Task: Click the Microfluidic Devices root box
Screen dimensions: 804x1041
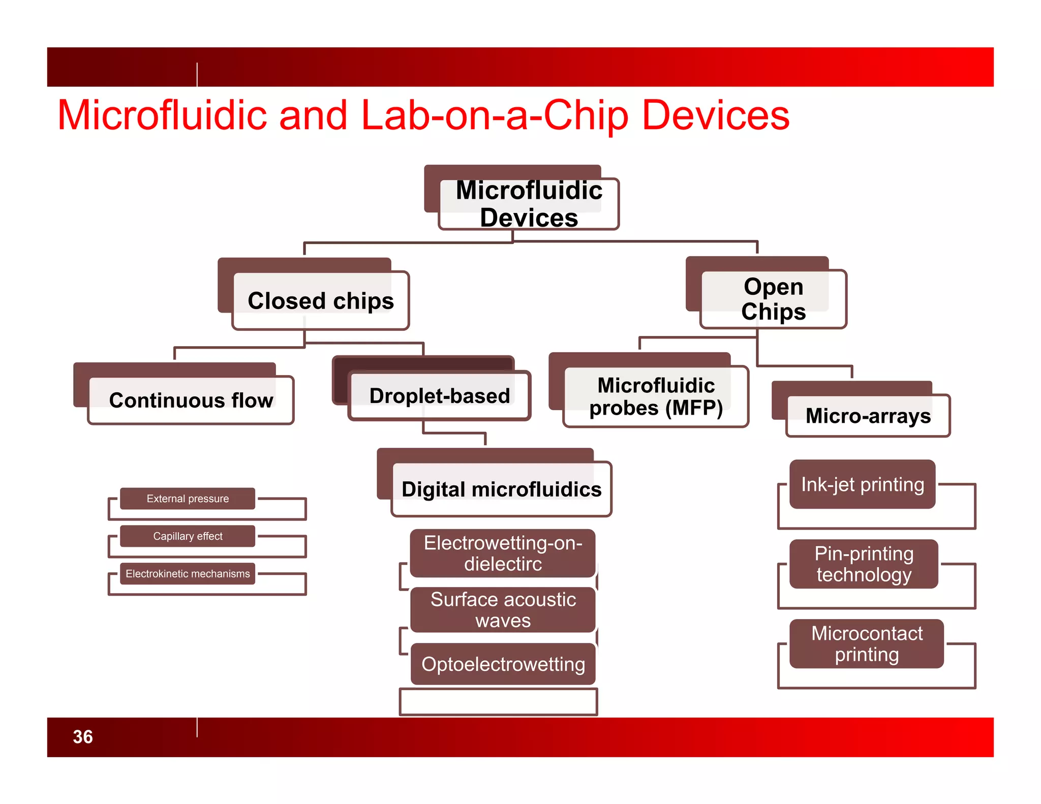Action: pyautogui.click(x=528, y=204)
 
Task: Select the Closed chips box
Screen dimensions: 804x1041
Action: pyautogui.click(x=321, y=300)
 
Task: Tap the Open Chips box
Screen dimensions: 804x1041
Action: pyautogui.click(x=773, y=299)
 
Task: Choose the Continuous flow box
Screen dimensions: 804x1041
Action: pyautogui.click(x=191, y=400)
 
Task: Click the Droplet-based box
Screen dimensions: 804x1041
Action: pyautogui.click(x=440, y=395)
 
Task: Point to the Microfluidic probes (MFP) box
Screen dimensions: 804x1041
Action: pyautogui.click(x=656, y=396)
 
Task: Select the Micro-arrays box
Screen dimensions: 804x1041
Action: pyautogui.click(x=868, y=415)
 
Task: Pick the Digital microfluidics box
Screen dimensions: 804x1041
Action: pyautogui.click(x=501, y=489)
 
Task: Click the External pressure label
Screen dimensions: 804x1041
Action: pyautogui.click(x=188, y=499)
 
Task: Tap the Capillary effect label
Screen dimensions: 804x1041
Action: pyautogui.click(x=188, y=536)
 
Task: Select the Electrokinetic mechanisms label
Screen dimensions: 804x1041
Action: pyautogui.click(x=188, y=574)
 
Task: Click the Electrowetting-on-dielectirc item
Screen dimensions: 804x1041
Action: pyautogui.click(x=503, y=553)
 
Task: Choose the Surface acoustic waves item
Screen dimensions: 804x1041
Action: pyautogui.click(x=503, y=610)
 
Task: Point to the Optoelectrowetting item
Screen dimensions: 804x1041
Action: pyautogui.click(x=503, y=664)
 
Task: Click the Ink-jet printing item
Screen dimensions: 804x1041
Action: pyautogui.click(x=863, y=484)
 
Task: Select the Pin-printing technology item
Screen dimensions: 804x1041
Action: pyautogui.click(x=864, y=564)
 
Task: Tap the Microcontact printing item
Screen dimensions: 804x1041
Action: pyautogui.click(x=867, y=644)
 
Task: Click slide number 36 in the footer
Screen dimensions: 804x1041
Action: pyautogui.click(x=83, y=737)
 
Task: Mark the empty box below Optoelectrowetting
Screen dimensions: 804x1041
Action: pyautogui.click(x=498, y=702)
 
